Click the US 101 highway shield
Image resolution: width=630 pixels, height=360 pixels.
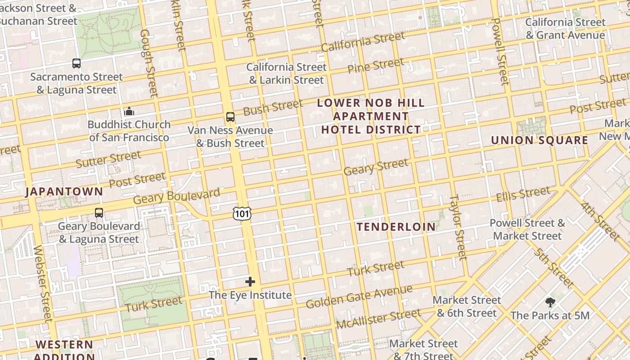tap(242, 214)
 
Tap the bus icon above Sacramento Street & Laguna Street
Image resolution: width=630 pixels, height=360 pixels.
tap(76, 63)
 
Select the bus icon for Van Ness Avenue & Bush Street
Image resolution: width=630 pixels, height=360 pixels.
tap(230, 117)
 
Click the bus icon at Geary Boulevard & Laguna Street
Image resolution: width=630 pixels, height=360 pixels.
tap(99, 213)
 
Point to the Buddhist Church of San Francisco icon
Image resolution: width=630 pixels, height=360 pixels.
tap(129, 111)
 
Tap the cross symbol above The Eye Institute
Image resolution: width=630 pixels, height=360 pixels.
tap(250, 282)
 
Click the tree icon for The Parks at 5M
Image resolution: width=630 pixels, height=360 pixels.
tap(550, 302)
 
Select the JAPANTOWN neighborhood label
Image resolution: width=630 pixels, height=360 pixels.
tap(64, 192)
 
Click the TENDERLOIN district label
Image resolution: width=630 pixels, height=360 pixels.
tap(396, 227)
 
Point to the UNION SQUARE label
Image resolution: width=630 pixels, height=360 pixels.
tap(540, 140)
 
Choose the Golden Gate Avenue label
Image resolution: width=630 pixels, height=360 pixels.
tap(359, 297)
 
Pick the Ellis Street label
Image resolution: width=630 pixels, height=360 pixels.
tap(523, 195)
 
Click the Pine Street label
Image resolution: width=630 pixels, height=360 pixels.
tap(376, 66)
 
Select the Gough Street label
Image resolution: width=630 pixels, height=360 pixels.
tap(149, 63)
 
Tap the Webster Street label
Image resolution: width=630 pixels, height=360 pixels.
tap(43, 283)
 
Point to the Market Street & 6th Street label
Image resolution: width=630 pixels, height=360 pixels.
tap(467, 306)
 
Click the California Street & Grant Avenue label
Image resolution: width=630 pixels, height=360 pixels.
tap(565, 28)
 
